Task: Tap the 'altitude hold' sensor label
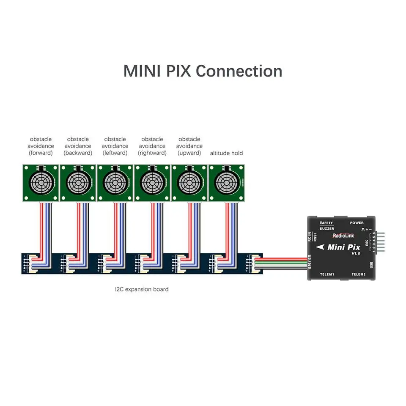pos(226,153)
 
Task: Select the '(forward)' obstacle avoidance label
pos(41,153)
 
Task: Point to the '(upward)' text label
pos(189,153)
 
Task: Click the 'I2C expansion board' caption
pos(142,289)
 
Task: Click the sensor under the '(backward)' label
pos(78,183)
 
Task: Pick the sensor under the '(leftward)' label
pos(115,183)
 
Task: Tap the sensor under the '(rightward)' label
pos(152,183)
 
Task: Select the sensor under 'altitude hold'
pos(226,183)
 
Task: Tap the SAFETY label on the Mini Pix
pos(326,222)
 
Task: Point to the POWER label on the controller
pos(357,222)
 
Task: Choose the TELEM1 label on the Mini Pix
pos(327,274)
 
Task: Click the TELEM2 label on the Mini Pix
pos(358,274)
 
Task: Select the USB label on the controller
pos(371,264)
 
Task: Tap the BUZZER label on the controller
pos(326,228)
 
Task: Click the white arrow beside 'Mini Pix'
pos(321,247)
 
